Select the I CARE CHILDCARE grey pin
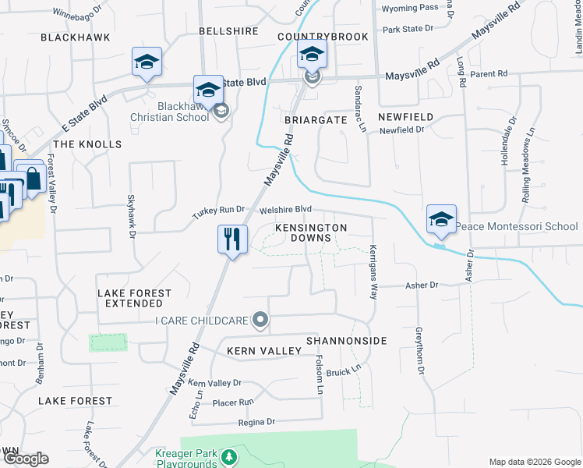[262, 320]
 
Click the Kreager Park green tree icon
[228, 456]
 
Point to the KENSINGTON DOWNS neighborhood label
[310, 232]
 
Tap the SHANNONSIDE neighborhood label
[346, 341]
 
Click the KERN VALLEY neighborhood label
[263, 351]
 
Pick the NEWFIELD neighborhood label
[405, 116]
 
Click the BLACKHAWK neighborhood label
[75, 37]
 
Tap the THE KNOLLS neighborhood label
[87, 144]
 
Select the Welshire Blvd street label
[285, 210]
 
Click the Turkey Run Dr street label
[219, 211]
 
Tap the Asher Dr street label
[422, 285]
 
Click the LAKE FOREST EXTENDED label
[134, 298]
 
